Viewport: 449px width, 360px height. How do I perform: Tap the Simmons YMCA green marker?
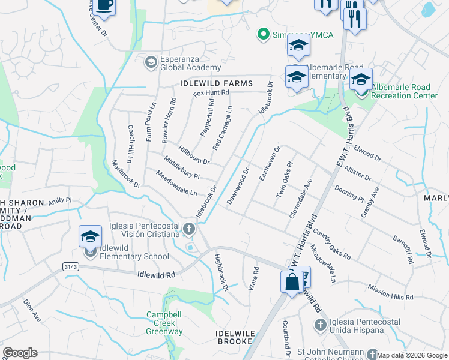click(262, 34)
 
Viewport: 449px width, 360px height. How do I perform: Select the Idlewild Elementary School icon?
click(90, 235)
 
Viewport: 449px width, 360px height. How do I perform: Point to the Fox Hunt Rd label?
click(211, 93)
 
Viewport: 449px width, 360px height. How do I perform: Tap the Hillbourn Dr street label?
click(193, 154)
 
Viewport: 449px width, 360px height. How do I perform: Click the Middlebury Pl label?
click(181, 168)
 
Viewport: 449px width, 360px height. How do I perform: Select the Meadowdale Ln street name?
click(176, 184)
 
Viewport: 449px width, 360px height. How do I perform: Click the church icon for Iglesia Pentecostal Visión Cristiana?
click(189, 228)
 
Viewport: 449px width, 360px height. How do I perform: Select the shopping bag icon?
click(292, 282)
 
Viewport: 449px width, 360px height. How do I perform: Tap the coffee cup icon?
click(104, 5)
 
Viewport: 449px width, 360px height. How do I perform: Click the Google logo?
click(20, 353)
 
